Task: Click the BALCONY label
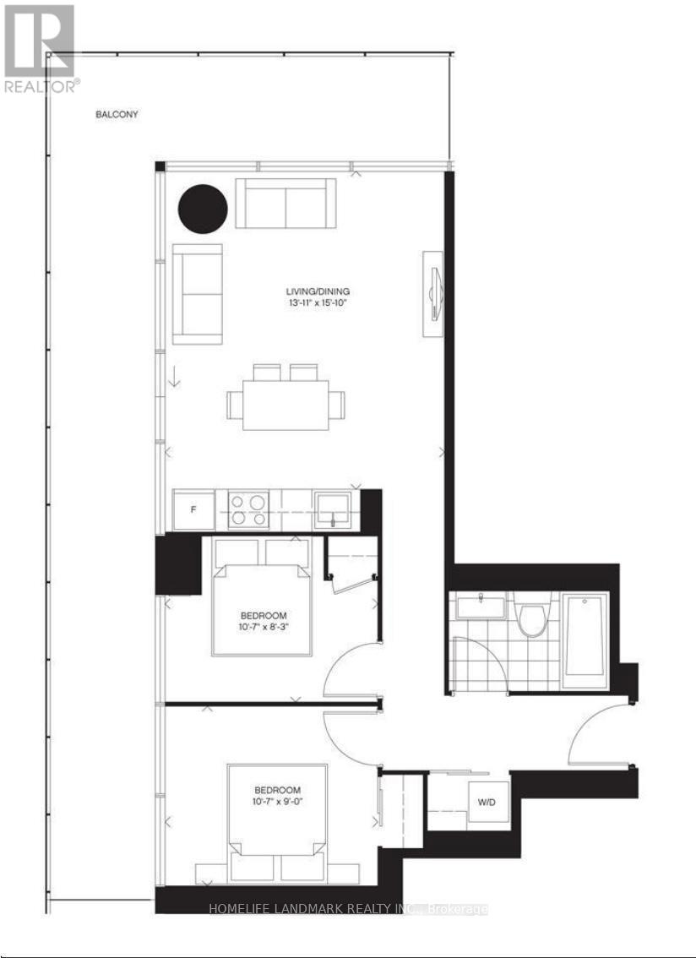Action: pos(117,114)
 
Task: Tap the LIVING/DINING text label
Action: pos(317,292)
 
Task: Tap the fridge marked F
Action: pos(193,509)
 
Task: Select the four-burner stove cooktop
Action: pos(247,509)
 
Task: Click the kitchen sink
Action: pos(337,509)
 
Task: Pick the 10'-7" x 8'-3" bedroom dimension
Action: pos(262,627)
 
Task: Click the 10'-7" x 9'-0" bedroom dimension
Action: pos(277,801)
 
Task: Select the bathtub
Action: pos(585,634)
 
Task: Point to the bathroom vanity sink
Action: pos(480,605)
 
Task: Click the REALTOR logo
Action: pos(41,47)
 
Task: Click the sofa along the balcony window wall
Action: pos(285,203)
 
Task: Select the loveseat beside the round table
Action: pos(197,294)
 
